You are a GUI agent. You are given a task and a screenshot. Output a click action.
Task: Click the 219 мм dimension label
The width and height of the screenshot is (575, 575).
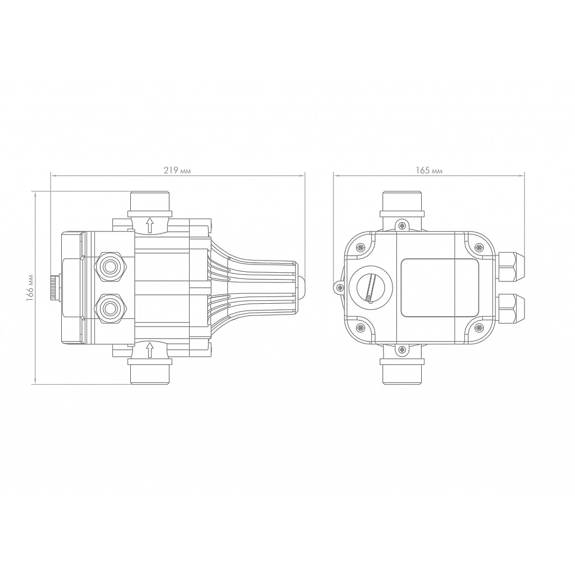click(177, 171)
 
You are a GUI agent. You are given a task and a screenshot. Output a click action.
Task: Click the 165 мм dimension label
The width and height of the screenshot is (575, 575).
click(429, 171)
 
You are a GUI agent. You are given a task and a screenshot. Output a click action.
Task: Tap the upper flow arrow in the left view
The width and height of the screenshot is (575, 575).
click(149, 225)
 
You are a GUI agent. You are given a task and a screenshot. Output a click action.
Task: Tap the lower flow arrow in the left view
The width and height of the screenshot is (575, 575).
click(149, 349)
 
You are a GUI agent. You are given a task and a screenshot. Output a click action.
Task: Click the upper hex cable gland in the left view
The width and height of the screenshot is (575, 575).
click(111, 267)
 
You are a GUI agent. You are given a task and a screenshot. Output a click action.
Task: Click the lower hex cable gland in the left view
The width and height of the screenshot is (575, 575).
click(111, 308)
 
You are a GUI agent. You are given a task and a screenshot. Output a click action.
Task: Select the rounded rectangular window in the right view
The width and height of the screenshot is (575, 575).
click(440, 287)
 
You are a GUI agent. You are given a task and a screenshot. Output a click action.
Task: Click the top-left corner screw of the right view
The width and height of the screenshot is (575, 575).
click(360, 248)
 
